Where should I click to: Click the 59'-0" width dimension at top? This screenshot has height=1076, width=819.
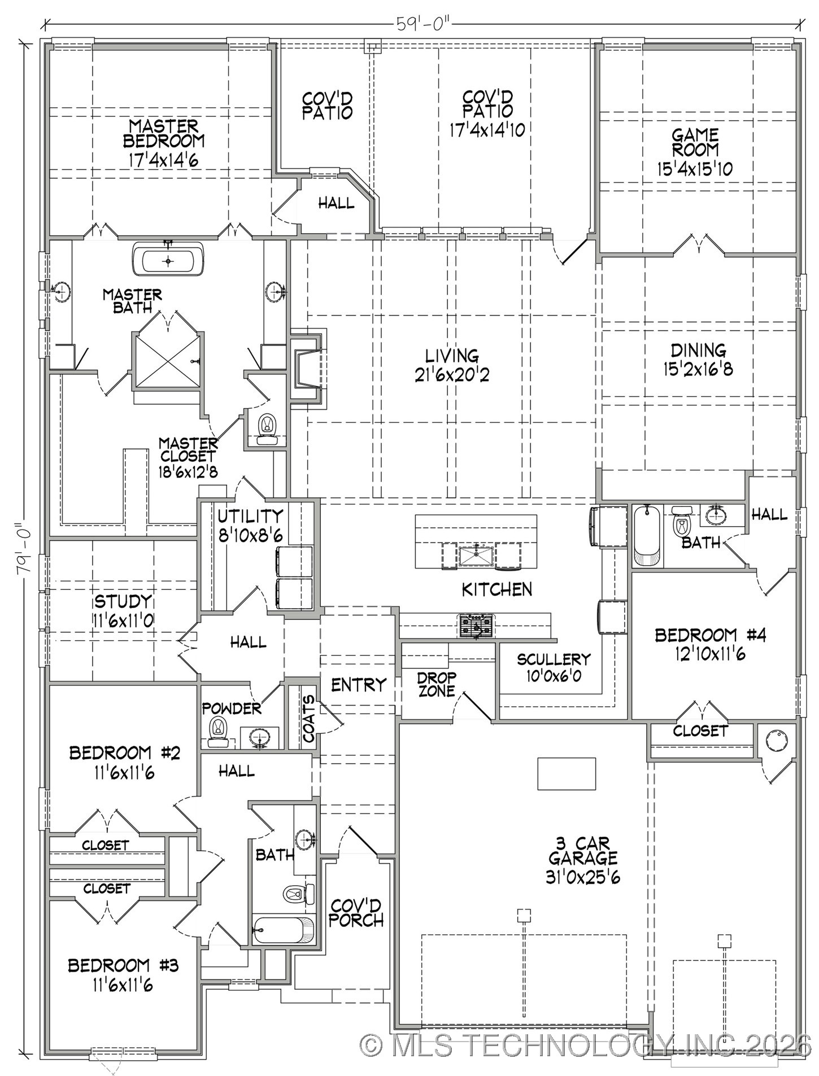422,24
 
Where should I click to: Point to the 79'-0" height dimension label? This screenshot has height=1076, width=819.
24,548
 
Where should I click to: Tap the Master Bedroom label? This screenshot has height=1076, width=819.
163,133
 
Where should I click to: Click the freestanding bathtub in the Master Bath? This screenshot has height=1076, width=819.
168,261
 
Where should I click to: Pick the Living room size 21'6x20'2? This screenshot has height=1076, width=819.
452,374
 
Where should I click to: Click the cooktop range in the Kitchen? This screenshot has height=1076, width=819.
476,626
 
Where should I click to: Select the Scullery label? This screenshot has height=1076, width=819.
554,659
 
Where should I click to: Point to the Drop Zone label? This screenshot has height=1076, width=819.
437,684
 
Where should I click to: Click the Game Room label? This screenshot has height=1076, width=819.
695,142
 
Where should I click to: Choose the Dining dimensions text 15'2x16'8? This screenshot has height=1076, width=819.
698,369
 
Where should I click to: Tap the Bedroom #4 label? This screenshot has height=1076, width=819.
711,635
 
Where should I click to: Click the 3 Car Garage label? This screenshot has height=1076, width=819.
583,851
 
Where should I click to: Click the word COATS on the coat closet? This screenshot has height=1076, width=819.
308,718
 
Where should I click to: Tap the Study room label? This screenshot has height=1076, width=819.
123,601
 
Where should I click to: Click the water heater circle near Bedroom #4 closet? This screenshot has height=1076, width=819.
777,741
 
